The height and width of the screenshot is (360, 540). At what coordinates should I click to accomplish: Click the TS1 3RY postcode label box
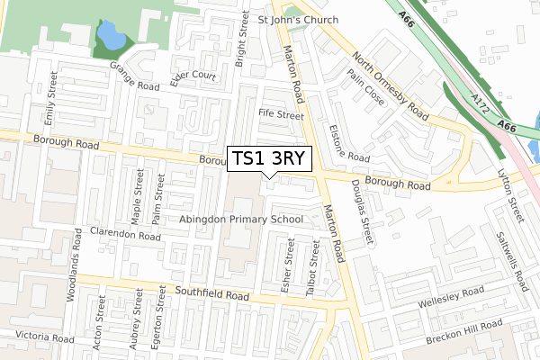click(x=270, y=158)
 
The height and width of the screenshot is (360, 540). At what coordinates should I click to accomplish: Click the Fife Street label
click(x=281, y=114)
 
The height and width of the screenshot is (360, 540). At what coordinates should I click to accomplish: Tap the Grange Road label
click(x=134, y=76)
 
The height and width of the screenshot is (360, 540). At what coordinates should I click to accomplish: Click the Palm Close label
click(x=370, y=90)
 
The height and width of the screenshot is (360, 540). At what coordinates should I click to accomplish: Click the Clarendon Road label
click(x=124, y=233)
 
